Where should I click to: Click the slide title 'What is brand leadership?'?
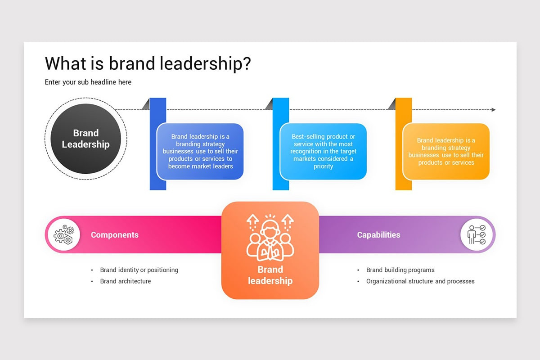pyautogui.click(x=148, y=63)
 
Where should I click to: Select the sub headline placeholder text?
pyautogui.click(x=88, y=82)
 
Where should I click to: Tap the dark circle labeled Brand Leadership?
pyautogui.click(x=85, y=139)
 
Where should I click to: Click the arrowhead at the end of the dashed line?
pyautogui.click(x=494, y=110)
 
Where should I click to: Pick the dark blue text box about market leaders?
pyautogui.click(x=200, y=152)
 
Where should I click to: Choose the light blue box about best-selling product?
pyautogui.click(x=323, y=152)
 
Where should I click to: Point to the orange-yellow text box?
pyautogui.click(x=446, y=152)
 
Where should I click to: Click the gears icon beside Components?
pyautogui.click(x=64, y=234)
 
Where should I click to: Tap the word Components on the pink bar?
pyautogui.click(x=114, y=235)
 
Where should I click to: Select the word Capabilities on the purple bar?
pyautogui.click(x=378, y=235)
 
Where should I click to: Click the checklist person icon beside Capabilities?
pyautogui.click(x=477, y=234)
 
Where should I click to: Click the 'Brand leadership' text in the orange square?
pyautogui.click(x=270, y=275)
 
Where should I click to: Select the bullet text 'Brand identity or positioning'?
pyautogui.click(x=139, y=270)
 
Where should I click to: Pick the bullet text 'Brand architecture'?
pyautogui.click(x=126, y=281)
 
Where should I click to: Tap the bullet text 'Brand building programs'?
pyautogui.click(x=400, y=270)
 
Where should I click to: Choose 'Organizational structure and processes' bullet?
pyautogui.click(x=420, y=281)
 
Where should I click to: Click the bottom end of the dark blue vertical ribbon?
pyautogui.click(x=158, y=190)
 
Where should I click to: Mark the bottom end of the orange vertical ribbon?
pyautogui.click(x=404, y=190)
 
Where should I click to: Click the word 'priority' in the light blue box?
pyautogui.click(x=323, y=166)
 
